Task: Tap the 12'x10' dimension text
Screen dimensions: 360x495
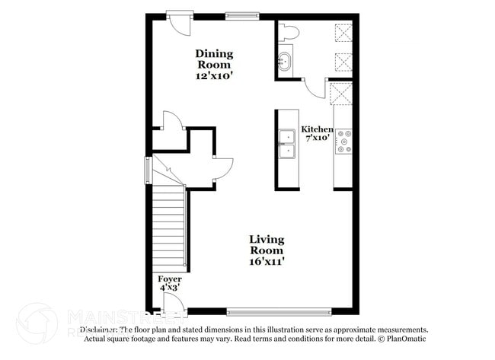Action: click(x=214, y=76)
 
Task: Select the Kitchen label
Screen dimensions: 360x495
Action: click(x=317, y=129)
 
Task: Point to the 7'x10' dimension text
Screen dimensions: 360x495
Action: click(x=317, y=138)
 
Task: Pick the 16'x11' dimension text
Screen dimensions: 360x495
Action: click(x=267, y=261)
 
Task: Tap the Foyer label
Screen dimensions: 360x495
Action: click(x=169, y=279)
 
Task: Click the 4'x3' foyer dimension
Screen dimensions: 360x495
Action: click(x=169, y=288)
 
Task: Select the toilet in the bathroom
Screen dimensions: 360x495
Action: click(x=289, y=32)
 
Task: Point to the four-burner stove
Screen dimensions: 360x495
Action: click(x=344, y=141)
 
